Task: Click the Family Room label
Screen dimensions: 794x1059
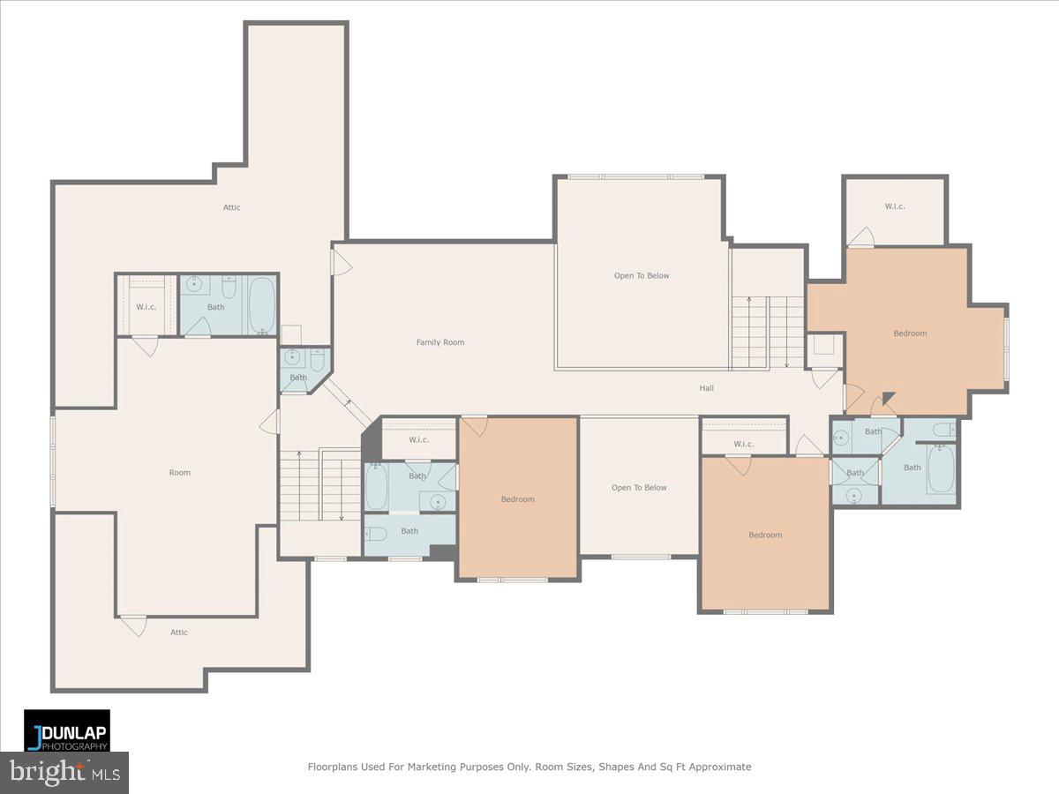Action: tap(440, 342)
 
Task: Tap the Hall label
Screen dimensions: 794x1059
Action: tap(707, 387)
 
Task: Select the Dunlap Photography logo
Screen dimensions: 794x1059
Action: tap(67, 730)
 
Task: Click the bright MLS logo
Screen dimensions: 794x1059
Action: tap(64, 772)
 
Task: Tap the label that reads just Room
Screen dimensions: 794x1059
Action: tap(179, 473)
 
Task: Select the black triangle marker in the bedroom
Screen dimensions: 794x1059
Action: tap(889, 399)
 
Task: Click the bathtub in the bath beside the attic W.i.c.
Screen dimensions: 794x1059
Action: tap(262, 304)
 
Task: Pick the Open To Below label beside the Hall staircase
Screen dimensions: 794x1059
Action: tap(642, 275)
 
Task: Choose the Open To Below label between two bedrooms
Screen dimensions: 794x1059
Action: tap(639, 488)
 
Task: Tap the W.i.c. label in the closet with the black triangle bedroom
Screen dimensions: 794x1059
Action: tap(895, 206)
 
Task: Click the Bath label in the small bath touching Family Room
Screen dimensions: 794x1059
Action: tap(298, 378)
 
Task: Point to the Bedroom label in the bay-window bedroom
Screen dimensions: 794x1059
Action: tap(910, 333)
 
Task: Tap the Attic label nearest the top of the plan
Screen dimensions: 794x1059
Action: tap(231, 207)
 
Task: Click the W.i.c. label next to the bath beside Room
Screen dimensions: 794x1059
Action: tap(146, 307)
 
